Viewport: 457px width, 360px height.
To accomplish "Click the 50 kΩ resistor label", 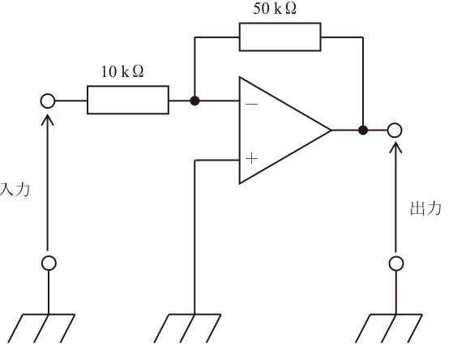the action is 275,8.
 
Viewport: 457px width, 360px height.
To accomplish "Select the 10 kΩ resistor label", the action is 122,71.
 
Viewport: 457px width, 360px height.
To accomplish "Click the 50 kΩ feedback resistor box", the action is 280,36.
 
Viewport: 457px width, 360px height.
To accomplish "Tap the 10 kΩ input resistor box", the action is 128,100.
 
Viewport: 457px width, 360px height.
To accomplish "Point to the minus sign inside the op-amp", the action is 251,104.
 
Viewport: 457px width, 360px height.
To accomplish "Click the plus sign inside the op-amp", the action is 251,159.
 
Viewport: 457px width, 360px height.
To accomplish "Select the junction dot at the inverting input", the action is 194,101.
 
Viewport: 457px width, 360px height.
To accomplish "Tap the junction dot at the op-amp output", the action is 363,130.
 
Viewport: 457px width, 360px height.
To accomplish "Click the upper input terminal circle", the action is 48,101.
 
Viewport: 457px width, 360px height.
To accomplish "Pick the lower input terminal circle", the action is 49,263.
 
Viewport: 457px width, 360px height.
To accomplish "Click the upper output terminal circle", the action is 395,130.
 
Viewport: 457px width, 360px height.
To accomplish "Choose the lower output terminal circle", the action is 396,264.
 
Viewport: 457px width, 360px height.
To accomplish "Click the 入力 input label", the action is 15,190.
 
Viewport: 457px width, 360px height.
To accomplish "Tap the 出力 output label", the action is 425,208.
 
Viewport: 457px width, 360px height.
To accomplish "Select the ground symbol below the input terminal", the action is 41,328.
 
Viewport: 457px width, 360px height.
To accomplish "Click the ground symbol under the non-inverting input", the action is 188,328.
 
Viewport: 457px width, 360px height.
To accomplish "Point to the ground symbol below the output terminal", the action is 389,328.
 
